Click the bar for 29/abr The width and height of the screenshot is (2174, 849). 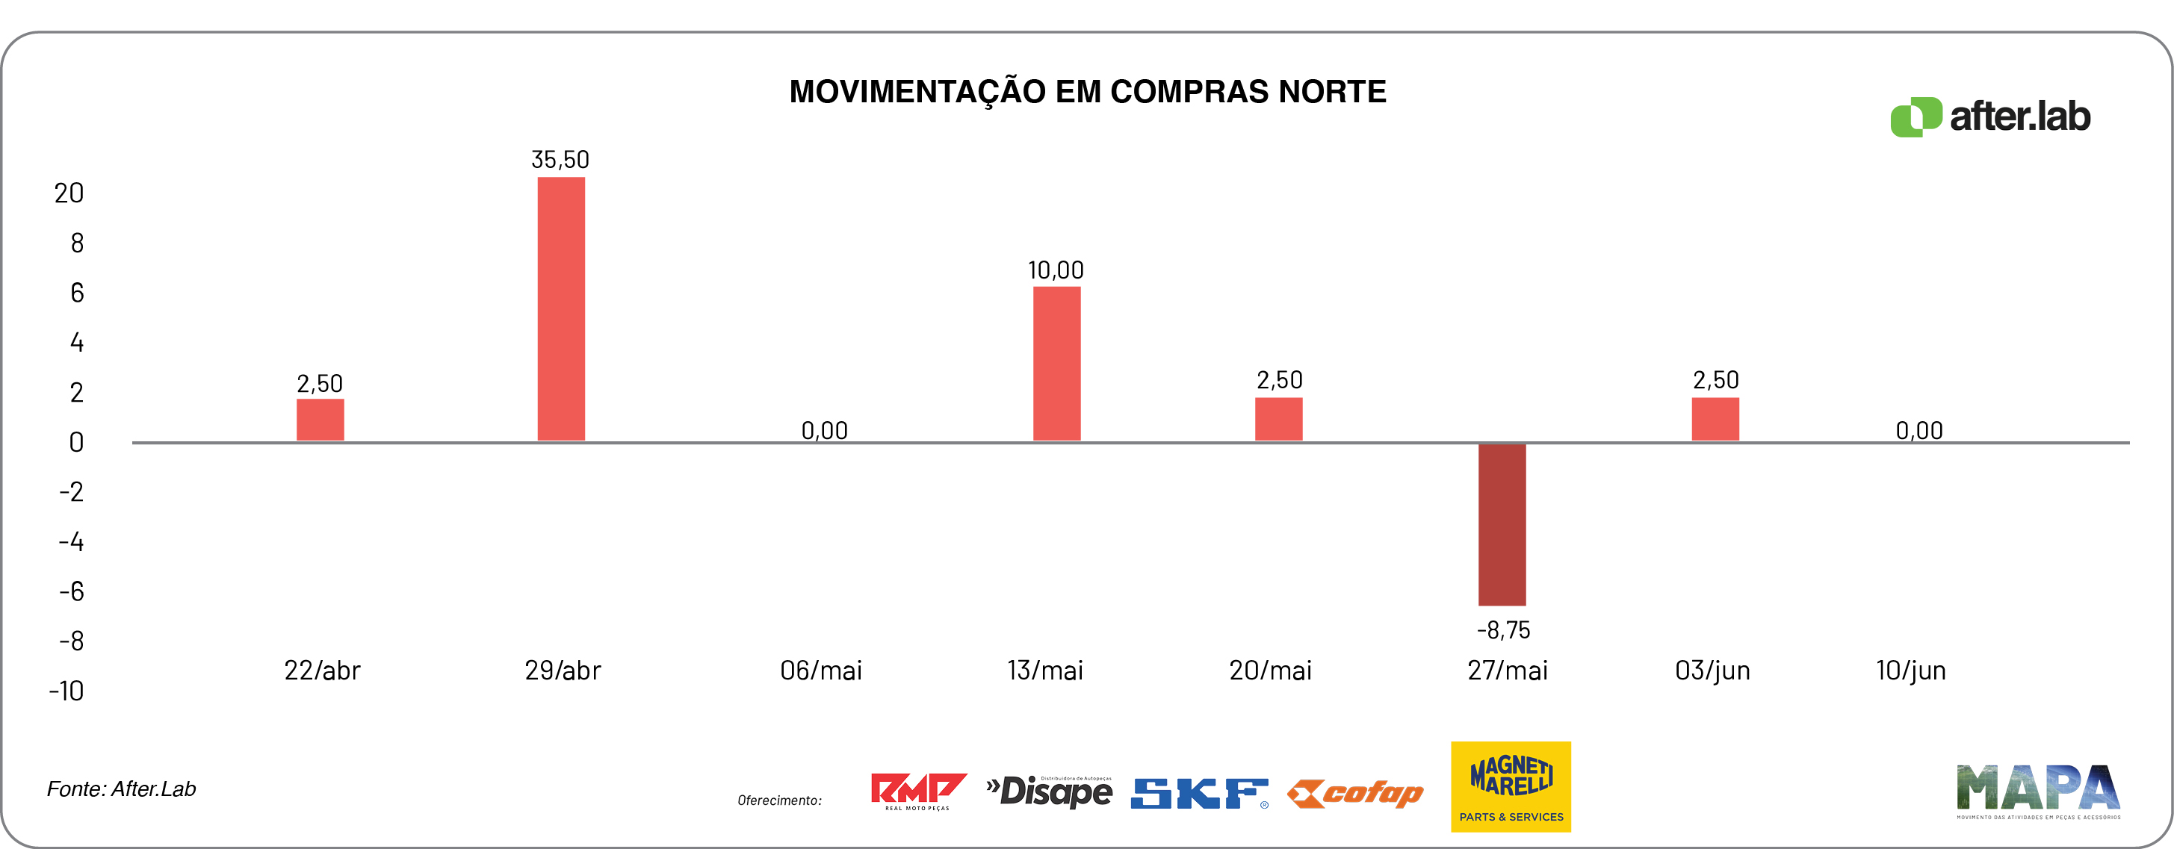pos(561,308)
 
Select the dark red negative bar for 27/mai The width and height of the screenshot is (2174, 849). pos(1502,524)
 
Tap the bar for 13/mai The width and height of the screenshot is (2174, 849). pos(1056,363)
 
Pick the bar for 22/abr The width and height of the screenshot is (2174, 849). pos(320,420)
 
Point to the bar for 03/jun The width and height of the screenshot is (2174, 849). pos(1715,419)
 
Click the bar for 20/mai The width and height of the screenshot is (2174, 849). pos(1278,419)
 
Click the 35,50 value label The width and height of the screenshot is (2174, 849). pos(560,160)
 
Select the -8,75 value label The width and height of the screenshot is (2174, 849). pos(1503,629)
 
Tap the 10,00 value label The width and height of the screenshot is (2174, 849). pos(1056,270)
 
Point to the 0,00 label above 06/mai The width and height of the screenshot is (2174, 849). pos(825,430)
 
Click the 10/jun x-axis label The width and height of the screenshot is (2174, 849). pos(1911,670)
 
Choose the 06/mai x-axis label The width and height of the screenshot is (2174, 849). pos(821,670)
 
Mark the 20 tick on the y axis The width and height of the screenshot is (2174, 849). pos(69,193)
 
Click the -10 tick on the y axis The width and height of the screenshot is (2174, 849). pos(66,691)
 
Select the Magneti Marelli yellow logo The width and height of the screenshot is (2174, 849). pos(1511,786)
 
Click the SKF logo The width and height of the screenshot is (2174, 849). pos(1199,792)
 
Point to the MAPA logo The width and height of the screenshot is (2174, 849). pos(2038,791)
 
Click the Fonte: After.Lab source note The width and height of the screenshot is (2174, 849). pos(122,789)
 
